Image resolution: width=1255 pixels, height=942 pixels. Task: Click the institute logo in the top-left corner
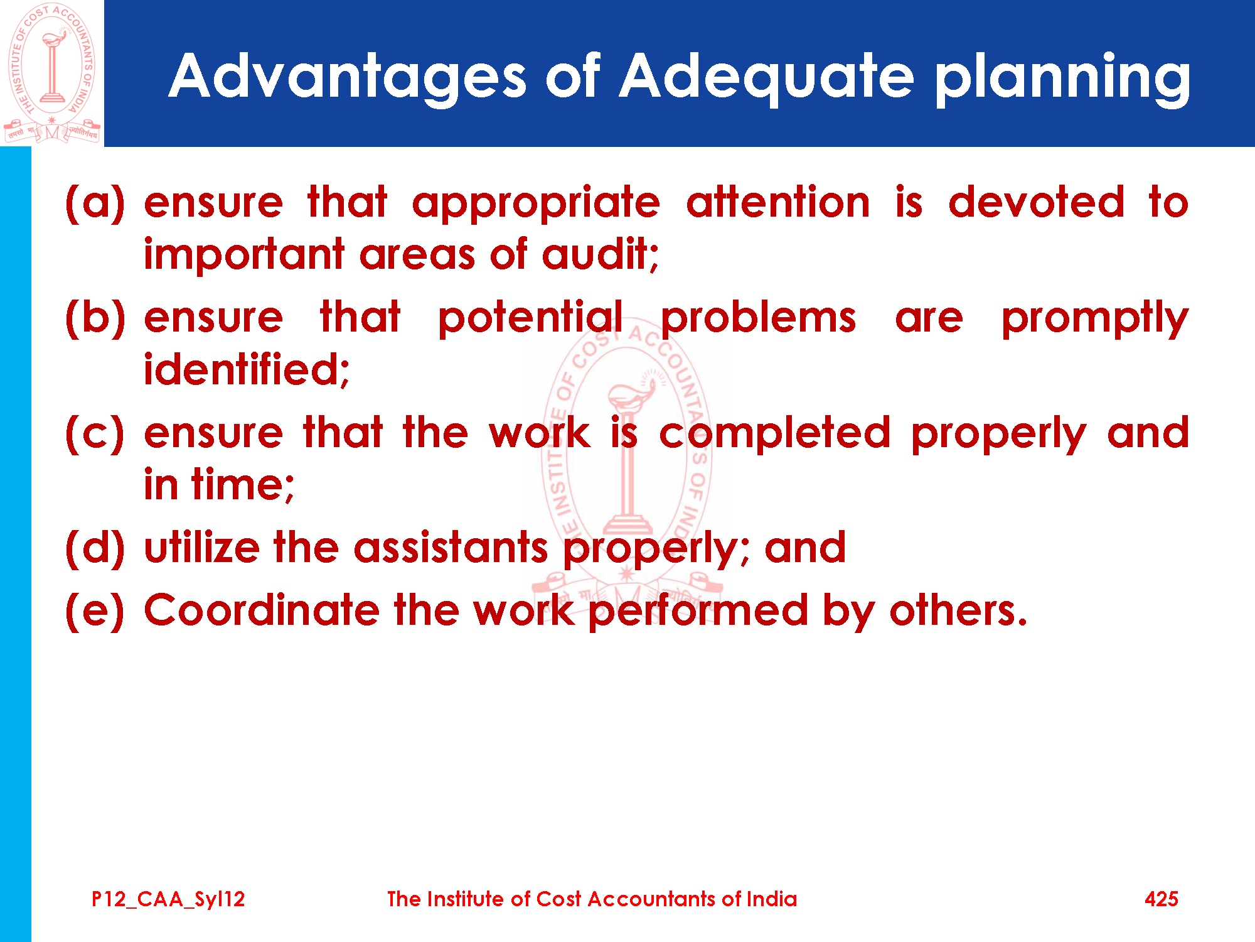[x=52, y=73]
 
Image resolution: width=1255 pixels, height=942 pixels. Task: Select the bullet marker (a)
[x=95, y=203]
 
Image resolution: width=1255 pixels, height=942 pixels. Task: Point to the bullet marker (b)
[x=95, y=318]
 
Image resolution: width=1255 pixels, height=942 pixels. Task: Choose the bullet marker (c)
[x=95, y=433]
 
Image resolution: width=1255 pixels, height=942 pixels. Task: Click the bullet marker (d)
[x=95, y=548]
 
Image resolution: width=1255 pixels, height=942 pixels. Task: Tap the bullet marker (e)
[x=95, y=610]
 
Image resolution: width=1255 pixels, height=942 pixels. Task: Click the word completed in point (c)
[x=775, y=434]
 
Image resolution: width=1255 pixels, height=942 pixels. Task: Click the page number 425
[x=1162, y=899]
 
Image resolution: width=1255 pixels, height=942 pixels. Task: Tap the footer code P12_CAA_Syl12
[x=168, y=899]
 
